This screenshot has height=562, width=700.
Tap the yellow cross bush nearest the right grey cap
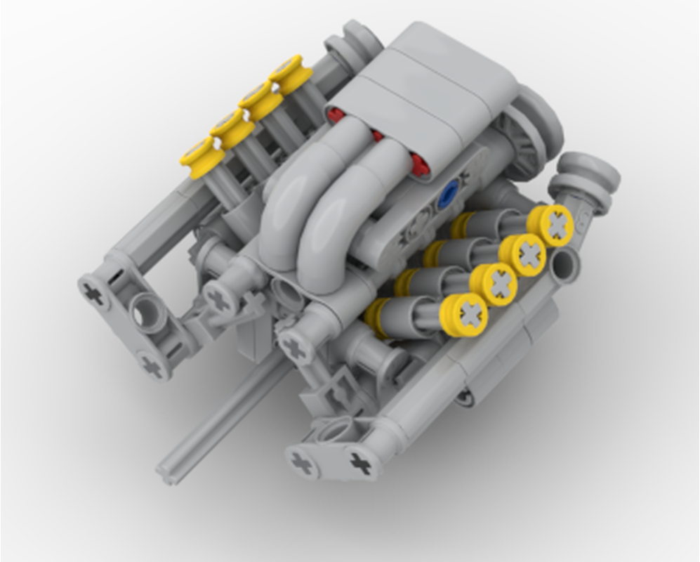[553, 225]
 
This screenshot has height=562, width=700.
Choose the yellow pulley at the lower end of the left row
[202, 156]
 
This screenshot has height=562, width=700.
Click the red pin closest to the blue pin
[419, 165]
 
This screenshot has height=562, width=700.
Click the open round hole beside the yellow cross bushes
[566, 266]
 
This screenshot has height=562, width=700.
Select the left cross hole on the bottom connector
[303, 463]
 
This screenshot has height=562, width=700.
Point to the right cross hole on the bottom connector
[360, 462]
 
